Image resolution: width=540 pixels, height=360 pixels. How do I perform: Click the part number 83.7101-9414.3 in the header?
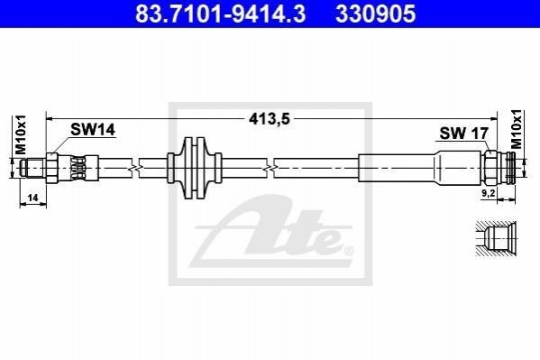click(220, 14)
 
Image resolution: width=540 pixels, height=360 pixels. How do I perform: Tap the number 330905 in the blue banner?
click(376, 14)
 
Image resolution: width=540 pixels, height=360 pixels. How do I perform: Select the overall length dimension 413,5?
click(270, 119)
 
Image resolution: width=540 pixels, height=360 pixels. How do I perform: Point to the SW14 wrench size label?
click(93, 130)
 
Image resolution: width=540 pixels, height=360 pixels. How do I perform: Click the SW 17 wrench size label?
click(464, 134)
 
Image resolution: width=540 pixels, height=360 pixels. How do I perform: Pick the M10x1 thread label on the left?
click(21, 135)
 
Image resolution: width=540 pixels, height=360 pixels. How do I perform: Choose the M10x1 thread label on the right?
click(517, 130)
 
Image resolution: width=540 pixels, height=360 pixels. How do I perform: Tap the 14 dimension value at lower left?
click(32, 198)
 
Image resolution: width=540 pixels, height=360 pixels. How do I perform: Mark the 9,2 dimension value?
click(489, 193)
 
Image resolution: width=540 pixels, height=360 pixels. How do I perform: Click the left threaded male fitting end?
click(32, 168)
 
